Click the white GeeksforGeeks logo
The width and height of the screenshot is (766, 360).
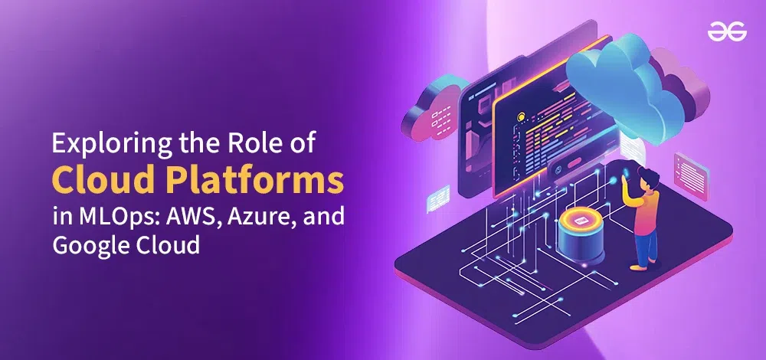[727, 33]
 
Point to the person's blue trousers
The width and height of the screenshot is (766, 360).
[644, 247]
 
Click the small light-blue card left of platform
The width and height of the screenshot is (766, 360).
[438, 198]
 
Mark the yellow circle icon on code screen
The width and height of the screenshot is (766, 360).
[521, 116]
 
